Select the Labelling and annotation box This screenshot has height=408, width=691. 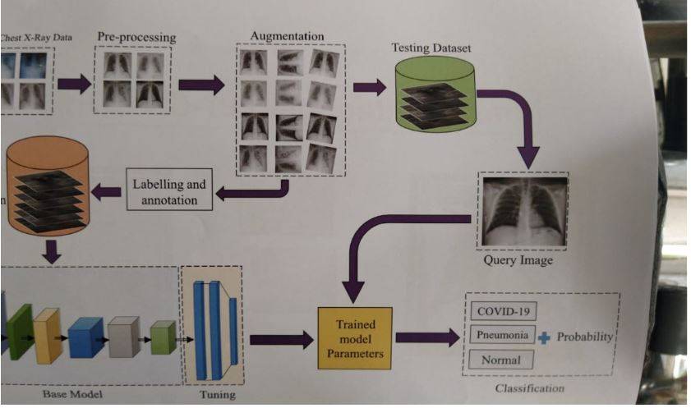(x=169, y=190)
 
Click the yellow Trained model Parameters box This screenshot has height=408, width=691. (x=355, y=337)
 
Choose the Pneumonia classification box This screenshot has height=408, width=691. (x=504, y=335)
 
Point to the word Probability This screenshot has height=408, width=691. (x=585, y=337)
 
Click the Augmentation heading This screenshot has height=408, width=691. (x=286, y=36)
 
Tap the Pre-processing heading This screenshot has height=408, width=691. (x=136, y=38)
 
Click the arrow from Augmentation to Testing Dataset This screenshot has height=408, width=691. (x=370, y=87)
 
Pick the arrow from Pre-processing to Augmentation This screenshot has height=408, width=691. (x=200, y=84)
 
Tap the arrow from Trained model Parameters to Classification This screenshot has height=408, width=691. (x=427, y=337)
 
